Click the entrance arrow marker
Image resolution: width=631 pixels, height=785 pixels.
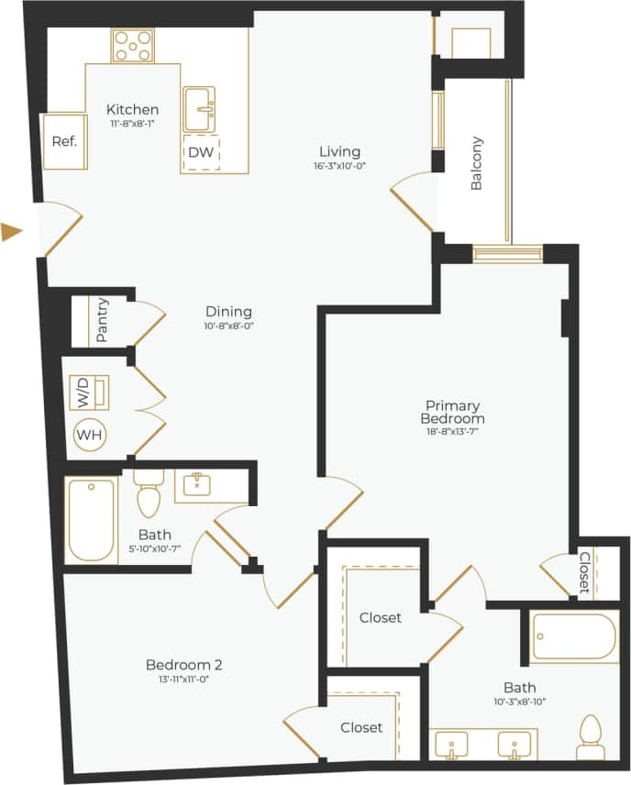(12, 232)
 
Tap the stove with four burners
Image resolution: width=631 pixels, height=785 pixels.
(133, 46)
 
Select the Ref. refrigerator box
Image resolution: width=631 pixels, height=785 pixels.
(64, 141)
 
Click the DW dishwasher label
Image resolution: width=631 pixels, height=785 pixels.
(201, 152)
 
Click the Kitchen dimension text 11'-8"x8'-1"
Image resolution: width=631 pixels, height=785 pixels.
(132, 124)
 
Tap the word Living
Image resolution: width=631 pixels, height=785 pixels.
(339, 151)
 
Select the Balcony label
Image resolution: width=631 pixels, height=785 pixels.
(476, 163)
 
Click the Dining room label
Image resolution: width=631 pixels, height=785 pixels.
(227, 312)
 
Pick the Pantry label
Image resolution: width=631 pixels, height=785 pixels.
(102, 320)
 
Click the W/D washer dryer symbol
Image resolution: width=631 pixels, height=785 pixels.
(89, 393)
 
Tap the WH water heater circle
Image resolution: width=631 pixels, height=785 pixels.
(90, 435)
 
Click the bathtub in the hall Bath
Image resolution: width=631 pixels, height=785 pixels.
(91, 519)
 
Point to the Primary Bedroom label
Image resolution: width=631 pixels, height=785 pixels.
(452, 412)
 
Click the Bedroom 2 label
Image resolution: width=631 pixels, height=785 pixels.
(184, 665)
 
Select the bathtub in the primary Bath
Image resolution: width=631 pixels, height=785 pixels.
(573, 636)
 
